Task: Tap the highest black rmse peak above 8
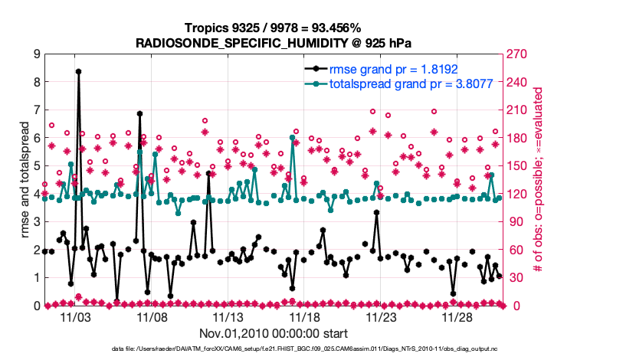coord(78,71)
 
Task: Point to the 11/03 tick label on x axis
coord(75,316)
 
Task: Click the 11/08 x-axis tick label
coord(152,316)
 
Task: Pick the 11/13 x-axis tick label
coord(228,316)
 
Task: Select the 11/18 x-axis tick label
coord(305,316)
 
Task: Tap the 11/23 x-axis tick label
coord(382,316)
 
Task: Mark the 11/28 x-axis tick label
coord(458,316)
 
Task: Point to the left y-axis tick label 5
coord(36,166)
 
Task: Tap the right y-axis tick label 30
coord(514,278)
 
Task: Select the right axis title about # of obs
coord(539,180)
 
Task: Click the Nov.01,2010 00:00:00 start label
coord(274,333)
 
